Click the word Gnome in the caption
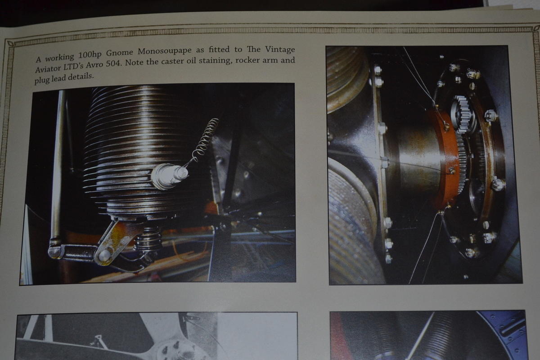(119, 53)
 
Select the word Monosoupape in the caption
(165, 51)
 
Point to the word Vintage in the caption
(280, 49)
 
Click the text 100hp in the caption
(90, 55)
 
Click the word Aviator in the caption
(48, 68)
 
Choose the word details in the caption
(80, 77)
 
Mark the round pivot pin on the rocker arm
(104, 254)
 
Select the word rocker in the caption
(247, 59)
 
